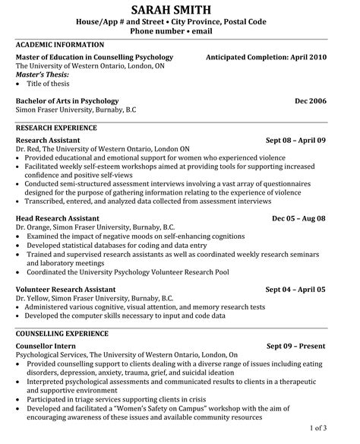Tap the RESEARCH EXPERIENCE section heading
pyautogui.click(x=56, y=128)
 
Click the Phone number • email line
pyautogui.click(x=180, y=33)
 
